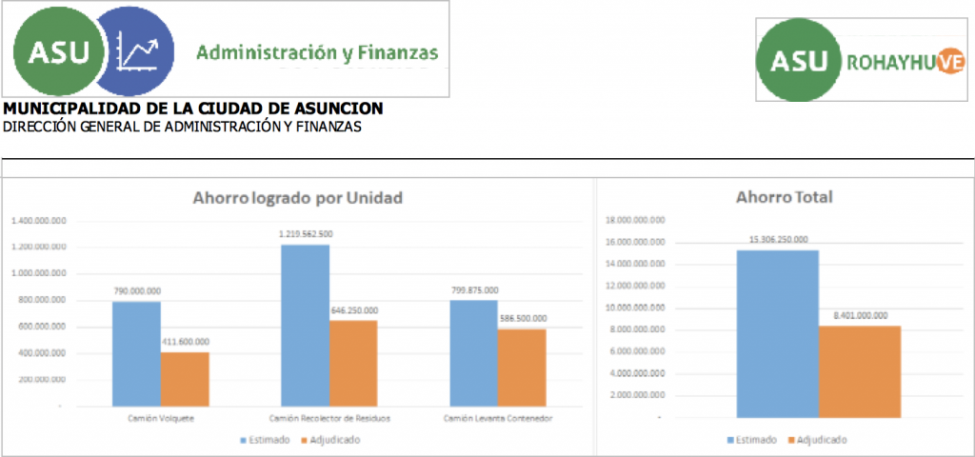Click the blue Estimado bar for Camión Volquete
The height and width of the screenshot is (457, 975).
point(136,353)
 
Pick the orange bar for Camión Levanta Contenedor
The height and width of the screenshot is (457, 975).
point(522,367)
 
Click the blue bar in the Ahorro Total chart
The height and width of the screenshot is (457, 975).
point(777,333)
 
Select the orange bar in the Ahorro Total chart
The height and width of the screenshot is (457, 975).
point(860,371)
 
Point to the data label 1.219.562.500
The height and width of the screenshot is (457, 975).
point(306,233)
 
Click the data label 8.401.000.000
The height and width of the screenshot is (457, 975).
point(860,315)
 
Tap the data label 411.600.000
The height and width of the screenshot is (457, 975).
point(185,341)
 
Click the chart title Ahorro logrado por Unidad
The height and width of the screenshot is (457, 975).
point(297,198)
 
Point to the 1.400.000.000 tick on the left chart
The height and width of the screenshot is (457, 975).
point(39,220)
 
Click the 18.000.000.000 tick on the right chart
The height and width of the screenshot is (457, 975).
point(634,220)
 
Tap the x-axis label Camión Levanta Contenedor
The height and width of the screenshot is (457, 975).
point(498,418)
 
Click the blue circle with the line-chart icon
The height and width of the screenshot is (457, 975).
point(136,51)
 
